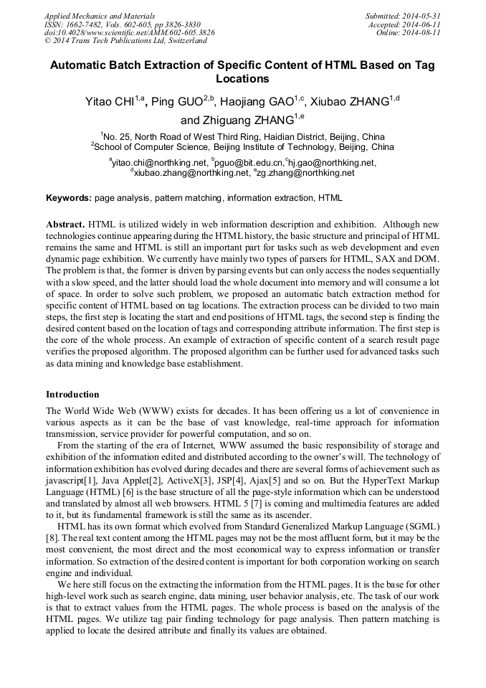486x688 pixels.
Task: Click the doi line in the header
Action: [129, 32]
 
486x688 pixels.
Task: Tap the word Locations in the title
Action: [242, 79]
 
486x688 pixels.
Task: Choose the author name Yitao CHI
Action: [110, 102]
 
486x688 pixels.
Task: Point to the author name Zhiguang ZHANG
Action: [237, 121]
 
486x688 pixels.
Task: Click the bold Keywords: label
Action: [69, 197]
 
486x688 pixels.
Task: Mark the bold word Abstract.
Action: [65, 224]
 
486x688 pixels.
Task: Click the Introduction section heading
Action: [72, 395]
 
